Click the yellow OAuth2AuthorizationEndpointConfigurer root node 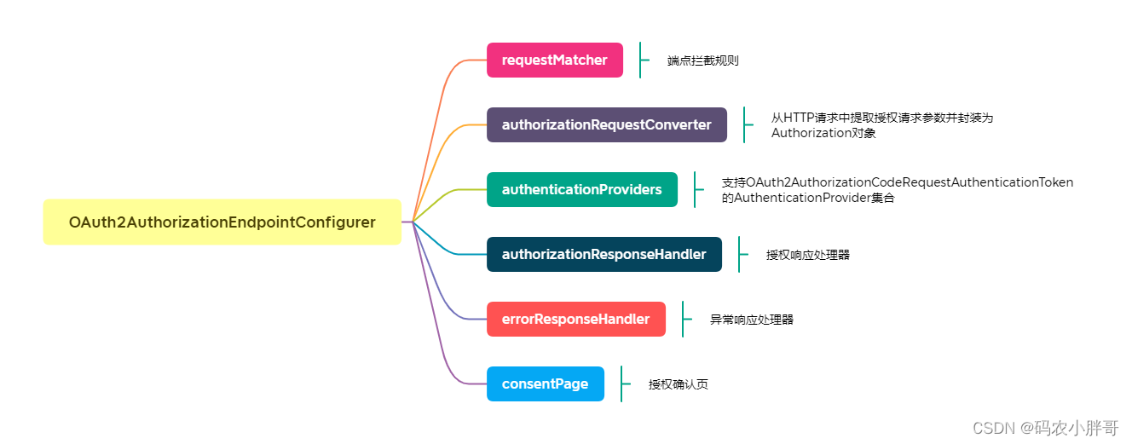coord(222,222)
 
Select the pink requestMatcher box coord(554,61)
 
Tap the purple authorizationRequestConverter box coord(606,125)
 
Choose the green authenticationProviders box coord(581,190)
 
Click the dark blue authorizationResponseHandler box coord(604,255)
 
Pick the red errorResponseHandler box coord(575,320)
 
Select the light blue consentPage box coord(545,384)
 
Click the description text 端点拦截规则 coord(702,61)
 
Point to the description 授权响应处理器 coord(807,255)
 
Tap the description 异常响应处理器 coord(751,320)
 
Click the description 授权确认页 coord(678,384)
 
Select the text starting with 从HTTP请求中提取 coord(881,118)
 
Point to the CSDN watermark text coord(1045,427)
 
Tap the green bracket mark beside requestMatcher coord(641,61)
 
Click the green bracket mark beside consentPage coord(622,384)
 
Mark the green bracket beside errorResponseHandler coord(684,320)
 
